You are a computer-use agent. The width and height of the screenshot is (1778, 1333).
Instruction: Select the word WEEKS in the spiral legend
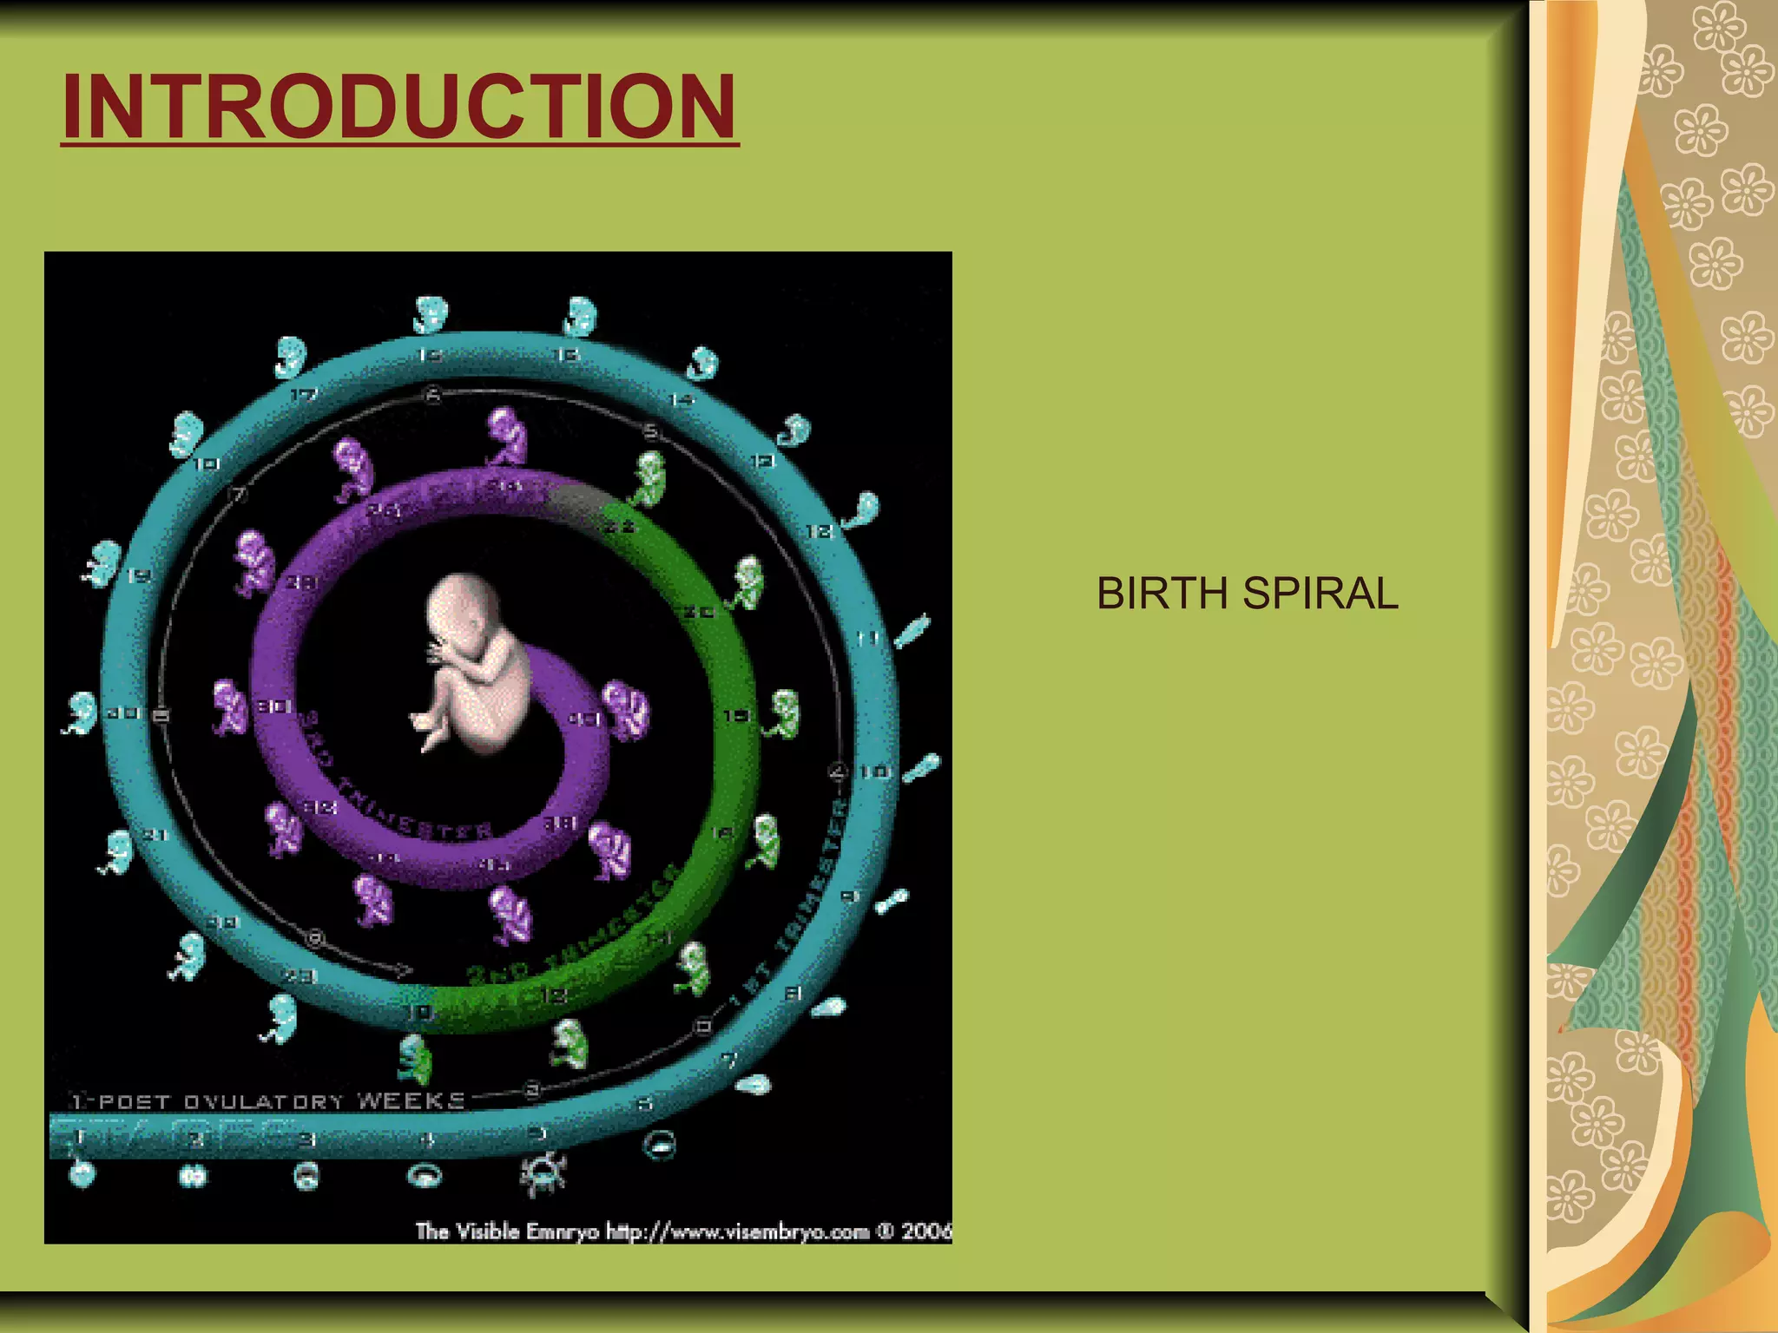click(x=412, y=1101)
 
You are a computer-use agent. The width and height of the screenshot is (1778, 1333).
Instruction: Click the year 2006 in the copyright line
click(x=925, y=1231)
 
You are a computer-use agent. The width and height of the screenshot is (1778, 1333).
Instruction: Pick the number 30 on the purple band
click(x=273, y=707)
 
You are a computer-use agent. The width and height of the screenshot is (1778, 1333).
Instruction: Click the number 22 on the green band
click(x=620, y=527)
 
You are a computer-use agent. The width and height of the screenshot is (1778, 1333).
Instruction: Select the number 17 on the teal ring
click(x=303, y=396)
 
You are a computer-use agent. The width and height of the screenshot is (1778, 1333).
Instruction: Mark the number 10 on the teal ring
click(x=873, y=771)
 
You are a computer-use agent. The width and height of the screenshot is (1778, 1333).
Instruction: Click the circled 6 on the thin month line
click(x=433, y=396)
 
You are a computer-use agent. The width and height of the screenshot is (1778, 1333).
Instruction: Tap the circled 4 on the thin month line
click(x=838, y=771)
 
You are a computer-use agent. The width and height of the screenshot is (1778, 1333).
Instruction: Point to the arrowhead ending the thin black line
click(x=405, y=969)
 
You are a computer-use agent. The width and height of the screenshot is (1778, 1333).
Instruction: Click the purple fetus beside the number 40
click(x=625, y=709)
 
